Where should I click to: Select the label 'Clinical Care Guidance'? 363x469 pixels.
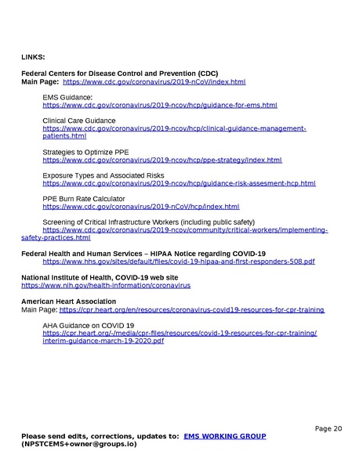pyautogui.click(x=78, y=121)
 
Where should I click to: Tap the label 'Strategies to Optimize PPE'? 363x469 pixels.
pyautogui.click(x=85, y=152)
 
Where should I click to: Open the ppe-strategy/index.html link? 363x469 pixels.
pyautogui.click(x=162, y=160)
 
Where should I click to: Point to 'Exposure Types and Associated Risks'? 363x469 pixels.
pyautogui.click(x=103, y=175)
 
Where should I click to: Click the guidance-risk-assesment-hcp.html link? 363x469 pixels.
pyautogui.click(x=179, y=183)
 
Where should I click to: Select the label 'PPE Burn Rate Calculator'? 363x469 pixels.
pyautogui.click(x=83, y=199)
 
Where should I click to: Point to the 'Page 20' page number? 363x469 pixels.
pyautogui.click(x=329, y=428)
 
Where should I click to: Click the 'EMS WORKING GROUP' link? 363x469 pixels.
pyautogui.click(x=224, y=436)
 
